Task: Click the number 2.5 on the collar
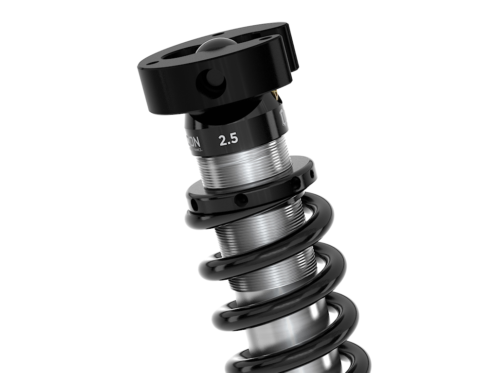coord(228,140)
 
